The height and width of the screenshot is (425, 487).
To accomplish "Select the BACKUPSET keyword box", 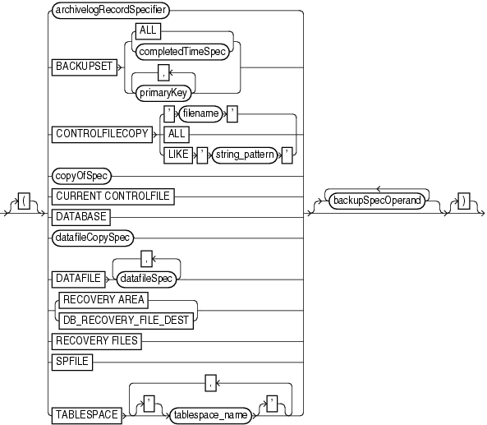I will tap(83, 67).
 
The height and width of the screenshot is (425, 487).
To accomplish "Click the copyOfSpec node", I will tap(81, 176).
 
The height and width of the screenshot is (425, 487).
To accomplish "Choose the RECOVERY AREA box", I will tap(103, 301).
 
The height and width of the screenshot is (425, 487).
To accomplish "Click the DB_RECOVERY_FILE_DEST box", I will tap(123, 317).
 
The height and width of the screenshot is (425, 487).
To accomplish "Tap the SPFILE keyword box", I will tap(74, 359).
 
